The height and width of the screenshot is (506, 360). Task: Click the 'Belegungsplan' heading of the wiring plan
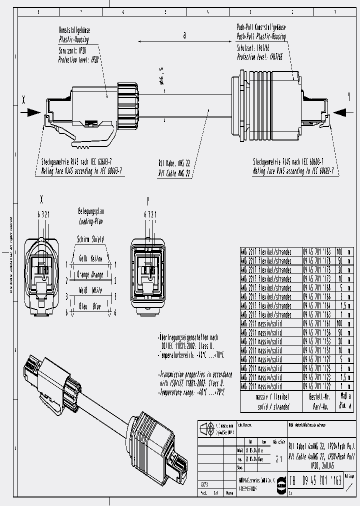(90, 212)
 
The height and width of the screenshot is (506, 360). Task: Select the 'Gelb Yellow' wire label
(90, 259)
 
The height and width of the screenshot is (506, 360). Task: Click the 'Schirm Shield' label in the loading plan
(90, 239)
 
